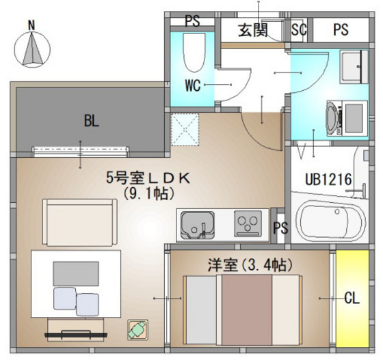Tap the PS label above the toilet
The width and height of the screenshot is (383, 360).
click(192, 20)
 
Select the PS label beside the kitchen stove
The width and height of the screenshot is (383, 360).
click(279, 228)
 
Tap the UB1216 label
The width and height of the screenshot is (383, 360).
click(328, 179)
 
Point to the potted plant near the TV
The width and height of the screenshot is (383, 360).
click(137, 330)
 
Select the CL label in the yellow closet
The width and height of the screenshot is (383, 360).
click(352, 298)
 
